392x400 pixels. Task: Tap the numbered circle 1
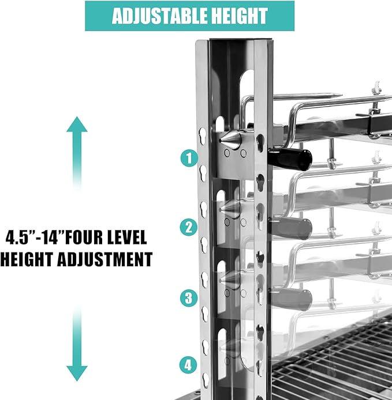(189, 158)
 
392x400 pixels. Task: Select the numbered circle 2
(189, 227)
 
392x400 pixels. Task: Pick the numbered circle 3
(189, 298)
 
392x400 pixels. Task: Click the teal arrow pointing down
(77, 344)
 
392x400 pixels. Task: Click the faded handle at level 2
(292, 229)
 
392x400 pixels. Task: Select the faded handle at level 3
(292, 299)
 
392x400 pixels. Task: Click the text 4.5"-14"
(34, 237)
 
